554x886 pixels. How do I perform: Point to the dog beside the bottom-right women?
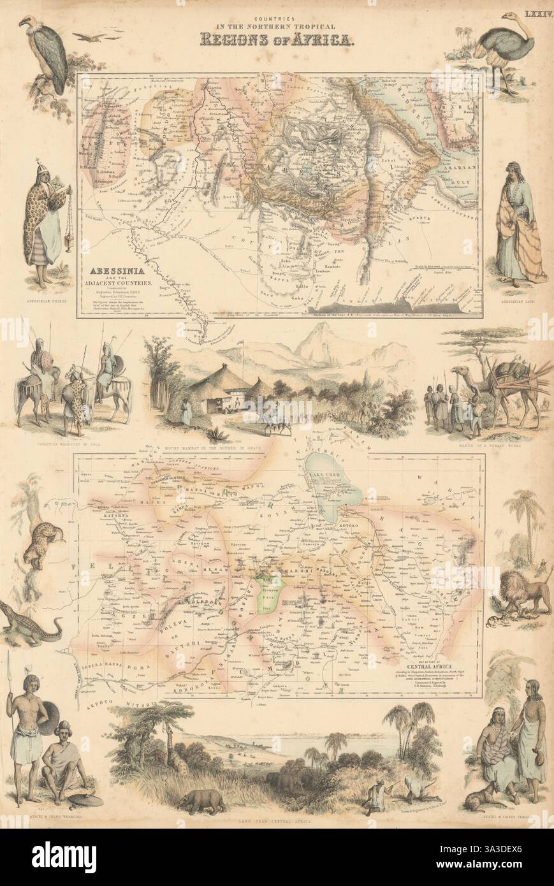tap(481, 794)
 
